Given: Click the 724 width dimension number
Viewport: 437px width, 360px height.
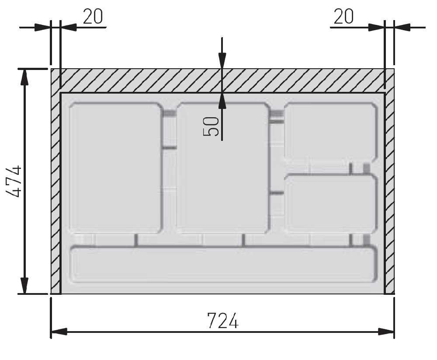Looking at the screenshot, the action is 223,321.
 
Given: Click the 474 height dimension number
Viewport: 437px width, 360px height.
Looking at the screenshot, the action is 14,182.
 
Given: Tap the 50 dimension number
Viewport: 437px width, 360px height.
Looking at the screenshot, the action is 211,126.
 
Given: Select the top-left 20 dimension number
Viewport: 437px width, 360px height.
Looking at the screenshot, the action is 93,17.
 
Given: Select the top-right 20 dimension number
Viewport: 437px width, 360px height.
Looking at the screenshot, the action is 343,17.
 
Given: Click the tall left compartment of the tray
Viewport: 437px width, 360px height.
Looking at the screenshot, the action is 116,168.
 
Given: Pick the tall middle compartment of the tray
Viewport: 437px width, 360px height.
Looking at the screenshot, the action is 223,168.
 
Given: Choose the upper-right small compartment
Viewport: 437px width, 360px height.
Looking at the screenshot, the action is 331,132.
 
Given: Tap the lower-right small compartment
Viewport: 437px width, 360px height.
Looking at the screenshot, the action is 331,204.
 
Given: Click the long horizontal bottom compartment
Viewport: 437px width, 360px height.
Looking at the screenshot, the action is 223,264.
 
